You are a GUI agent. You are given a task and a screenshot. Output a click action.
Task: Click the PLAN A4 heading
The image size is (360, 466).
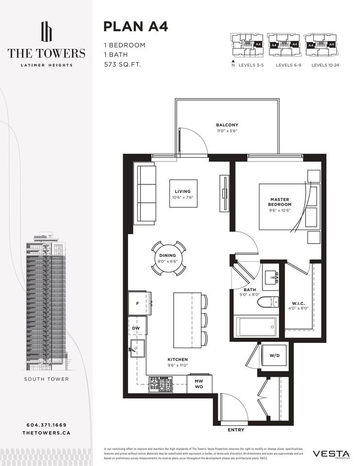pyautogui.click(x=136, y=27)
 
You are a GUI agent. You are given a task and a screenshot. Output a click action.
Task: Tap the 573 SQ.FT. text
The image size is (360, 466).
pyautogui.click(x=122, y=64)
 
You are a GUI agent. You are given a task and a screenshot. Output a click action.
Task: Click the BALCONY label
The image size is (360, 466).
pyautogui.click(x=227, y=128)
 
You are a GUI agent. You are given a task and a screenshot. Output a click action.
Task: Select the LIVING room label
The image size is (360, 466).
pyautogui.click(x=183, y=194)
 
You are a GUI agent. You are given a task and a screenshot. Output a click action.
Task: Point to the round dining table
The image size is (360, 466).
pyautogui.click(x=167, y=258)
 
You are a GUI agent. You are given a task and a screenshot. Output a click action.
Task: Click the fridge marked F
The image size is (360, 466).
pyautogui.click(x=139, y=303)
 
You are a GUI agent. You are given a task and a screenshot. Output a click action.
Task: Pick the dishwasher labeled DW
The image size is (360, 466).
pyautogui.click(x=136, y=329)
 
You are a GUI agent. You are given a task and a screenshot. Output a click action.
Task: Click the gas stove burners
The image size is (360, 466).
pyautogui.click(x=160, y=384)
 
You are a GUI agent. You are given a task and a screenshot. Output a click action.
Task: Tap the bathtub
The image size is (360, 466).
pyautogui.click(x=256, y=326)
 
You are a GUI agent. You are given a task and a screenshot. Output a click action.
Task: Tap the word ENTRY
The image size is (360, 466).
pyautogui.click(x=236, y=430)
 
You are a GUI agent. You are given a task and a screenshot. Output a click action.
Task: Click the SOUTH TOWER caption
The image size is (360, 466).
pyautogui.click(x=47, y=379)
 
